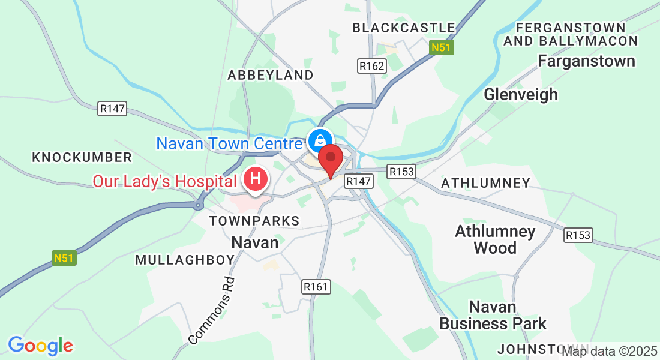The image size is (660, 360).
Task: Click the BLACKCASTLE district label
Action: [404, 28]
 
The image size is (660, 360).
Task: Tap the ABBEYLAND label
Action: [271, 75]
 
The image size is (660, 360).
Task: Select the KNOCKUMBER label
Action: [82, 157]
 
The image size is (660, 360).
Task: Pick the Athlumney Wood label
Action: [495, 239]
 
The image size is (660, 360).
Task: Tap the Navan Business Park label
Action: [493, 316]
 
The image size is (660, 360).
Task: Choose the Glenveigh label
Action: [521, 94]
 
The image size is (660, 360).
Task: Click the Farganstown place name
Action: [586, 61]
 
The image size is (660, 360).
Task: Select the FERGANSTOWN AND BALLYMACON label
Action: [571, 34]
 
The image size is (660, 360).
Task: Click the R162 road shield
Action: [371, 65]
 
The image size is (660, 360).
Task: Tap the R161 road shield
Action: [316, 287]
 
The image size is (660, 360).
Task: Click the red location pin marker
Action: [330, 159]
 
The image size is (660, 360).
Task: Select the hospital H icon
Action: [256, 179]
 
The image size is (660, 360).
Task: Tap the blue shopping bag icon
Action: [319, 140]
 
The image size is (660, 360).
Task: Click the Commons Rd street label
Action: [214, 310]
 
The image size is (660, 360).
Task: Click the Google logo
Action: [40, 346]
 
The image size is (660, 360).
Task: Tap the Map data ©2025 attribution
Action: [609, 352]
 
